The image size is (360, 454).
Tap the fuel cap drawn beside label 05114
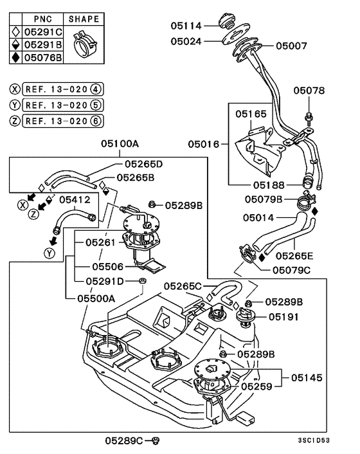click(x=228, y=22)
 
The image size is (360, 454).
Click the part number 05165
click(x=250, y=113)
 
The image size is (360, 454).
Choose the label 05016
click(x=204, y=145)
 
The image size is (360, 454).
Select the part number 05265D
click(x=143, y=163)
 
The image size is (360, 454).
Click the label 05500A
click(x=96, y=298)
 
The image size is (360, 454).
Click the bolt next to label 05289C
click(x=155, y=440)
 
